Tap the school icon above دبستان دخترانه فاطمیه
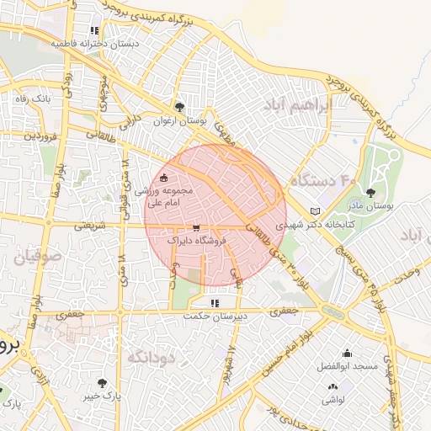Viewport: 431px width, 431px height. (94, 30)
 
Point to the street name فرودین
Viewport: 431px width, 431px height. (40, 135)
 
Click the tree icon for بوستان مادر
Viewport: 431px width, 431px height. (370, 194)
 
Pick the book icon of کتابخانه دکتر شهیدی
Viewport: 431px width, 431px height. (316, 210)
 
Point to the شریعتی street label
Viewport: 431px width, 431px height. (89, 226)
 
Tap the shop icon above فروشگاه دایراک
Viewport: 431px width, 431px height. (196, 228)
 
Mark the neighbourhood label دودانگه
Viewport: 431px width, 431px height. (151, 358)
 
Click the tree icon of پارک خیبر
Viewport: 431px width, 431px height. (103, 382)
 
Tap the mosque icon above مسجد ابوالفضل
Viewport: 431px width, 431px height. (347, 354)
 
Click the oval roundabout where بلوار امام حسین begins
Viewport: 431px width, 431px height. (333, 311)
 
